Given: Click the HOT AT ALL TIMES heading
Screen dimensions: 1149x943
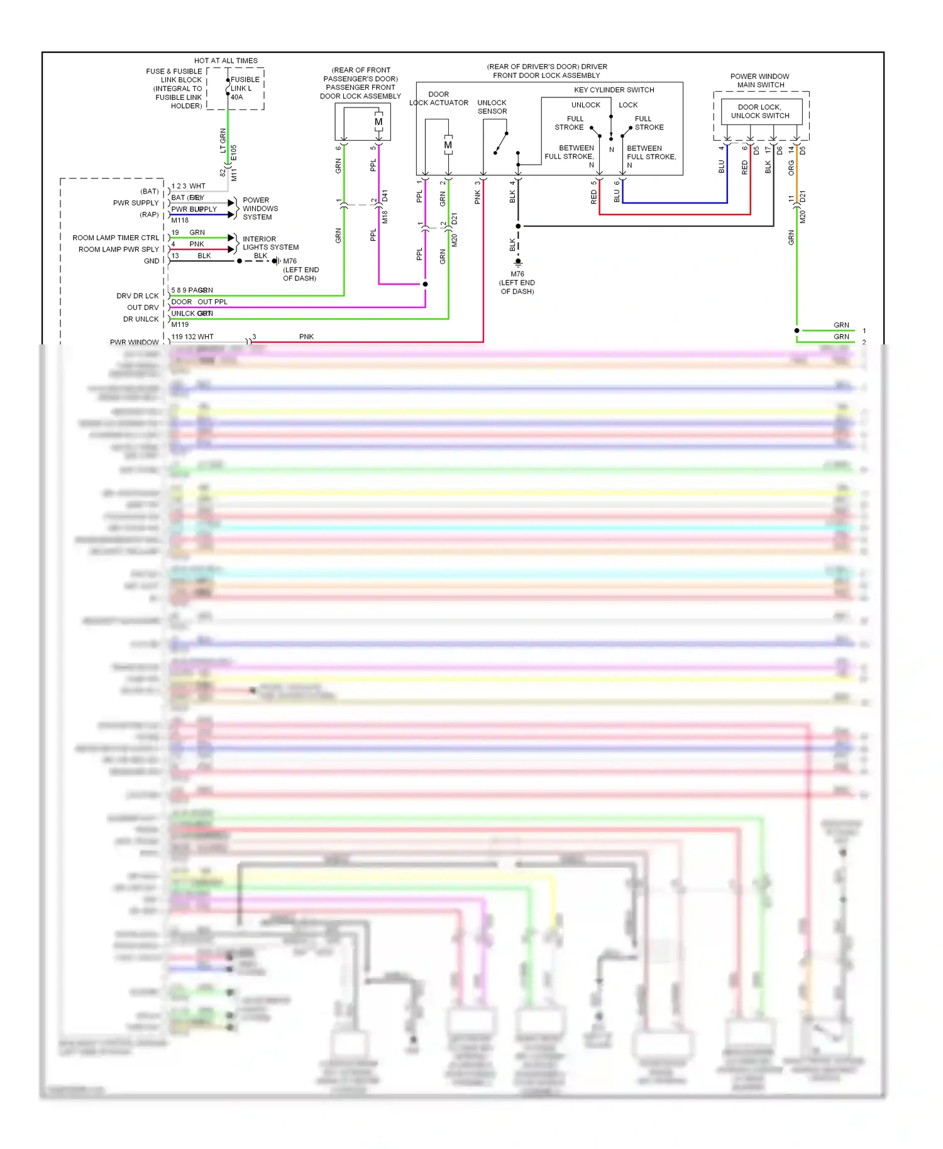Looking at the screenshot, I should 226,61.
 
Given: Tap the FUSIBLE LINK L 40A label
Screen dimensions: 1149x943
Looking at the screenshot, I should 245,88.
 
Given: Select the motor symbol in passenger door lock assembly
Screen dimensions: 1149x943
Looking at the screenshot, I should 378,122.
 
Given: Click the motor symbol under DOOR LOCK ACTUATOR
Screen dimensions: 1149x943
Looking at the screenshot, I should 448,145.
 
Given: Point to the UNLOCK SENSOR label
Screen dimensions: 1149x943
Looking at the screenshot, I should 492,107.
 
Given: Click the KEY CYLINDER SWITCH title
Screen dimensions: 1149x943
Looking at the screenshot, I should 614,90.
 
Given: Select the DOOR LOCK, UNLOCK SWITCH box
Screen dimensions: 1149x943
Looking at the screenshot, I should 761,111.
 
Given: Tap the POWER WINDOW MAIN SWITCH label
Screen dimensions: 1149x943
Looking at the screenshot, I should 760,80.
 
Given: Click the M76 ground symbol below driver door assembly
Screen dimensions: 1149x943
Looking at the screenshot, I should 518,261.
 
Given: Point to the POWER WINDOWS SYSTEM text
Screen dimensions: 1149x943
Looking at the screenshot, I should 260,209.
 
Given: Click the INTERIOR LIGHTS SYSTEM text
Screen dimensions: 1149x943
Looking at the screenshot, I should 270,243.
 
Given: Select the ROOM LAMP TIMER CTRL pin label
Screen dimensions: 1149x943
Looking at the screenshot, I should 116,238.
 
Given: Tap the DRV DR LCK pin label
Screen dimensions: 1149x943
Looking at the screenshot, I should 138,295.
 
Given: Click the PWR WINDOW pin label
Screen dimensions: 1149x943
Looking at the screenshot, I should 134,342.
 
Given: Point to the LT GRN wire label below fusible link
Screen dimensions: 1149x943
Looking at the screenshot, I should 223,140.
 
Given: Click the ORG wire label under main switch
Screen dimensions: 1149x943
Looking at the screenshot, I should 791,168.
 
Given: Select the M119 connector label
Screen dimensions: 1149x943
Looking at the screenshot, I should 180,324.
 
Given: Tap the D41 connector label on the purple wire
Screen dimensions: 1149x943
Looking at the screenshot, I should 385,195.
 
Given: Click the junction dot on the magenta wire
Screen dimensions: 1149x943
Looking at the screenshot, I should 426,284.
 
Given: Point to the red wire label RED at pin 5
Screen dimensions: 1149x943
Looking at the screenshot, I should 594,197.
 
